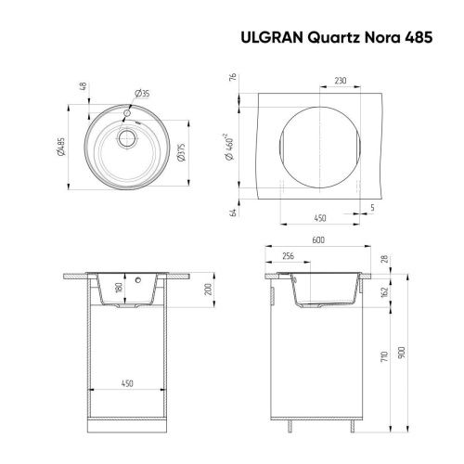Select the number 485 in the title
[x=403, y=39]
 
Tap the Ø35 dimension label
[x=142, y=94]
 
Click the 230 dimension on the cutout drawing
[x=341, y=82]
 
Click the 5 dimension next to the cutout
[x=372, y=207]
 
